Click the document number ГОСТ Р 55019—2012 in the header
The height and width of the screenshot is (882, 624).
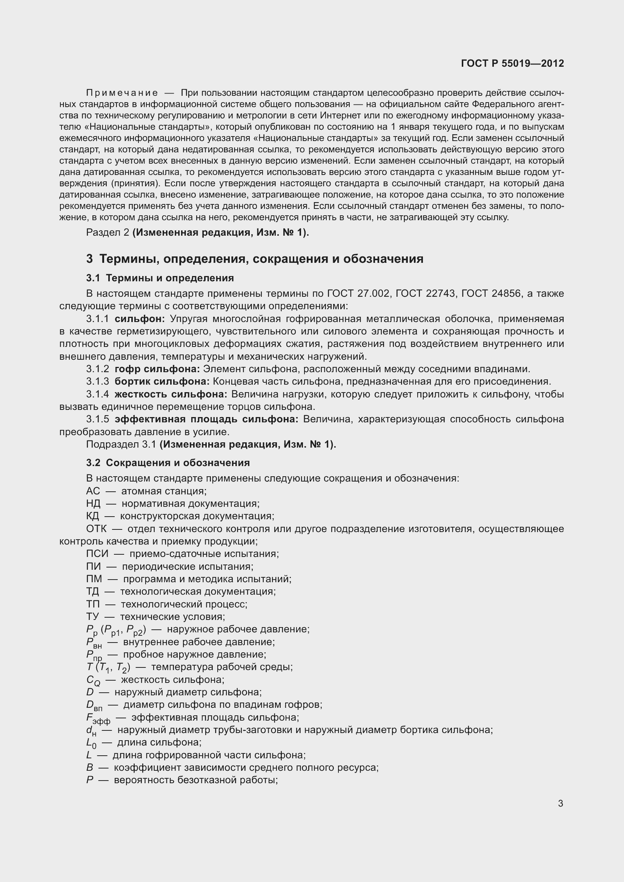pyautogui.click(x=512, y=63)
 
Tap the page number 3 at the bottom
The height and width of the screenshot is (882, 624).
pyautogui.click(x=560, y=803)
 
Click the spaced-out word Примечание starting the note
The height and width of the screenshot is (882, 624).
pyautogui.click(x=122, y=93)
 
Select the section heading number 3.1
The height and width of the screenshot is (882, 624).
pyautogui.click(x=92, y=278)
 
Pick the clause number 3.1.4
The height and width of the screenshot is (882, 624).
pyautogui.click(x=98, y=394)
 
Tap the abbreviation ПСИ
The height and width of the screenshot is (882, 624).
pyautogui.click(x=97, y=554)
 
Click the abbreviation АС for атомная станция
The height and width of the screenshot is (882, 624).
pyautogui.click(x=93, y=491)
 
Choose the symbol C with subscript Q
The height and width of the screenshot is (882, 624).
pyautogui.click(x=93, y=680)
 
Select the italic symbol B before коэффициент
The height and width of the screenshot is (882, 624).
pyautogui.click(x=89, y=768)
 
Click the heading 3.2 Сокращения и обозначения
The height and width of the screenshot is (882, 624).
pyautogui.click(x=168, y=463)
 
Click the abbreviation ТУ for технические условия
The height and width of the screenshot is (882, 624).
pyautogui.click(x=92, y=617)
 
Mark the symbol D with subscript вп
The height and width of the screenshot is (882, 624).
pyautogui.click(x=95, y=706)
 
